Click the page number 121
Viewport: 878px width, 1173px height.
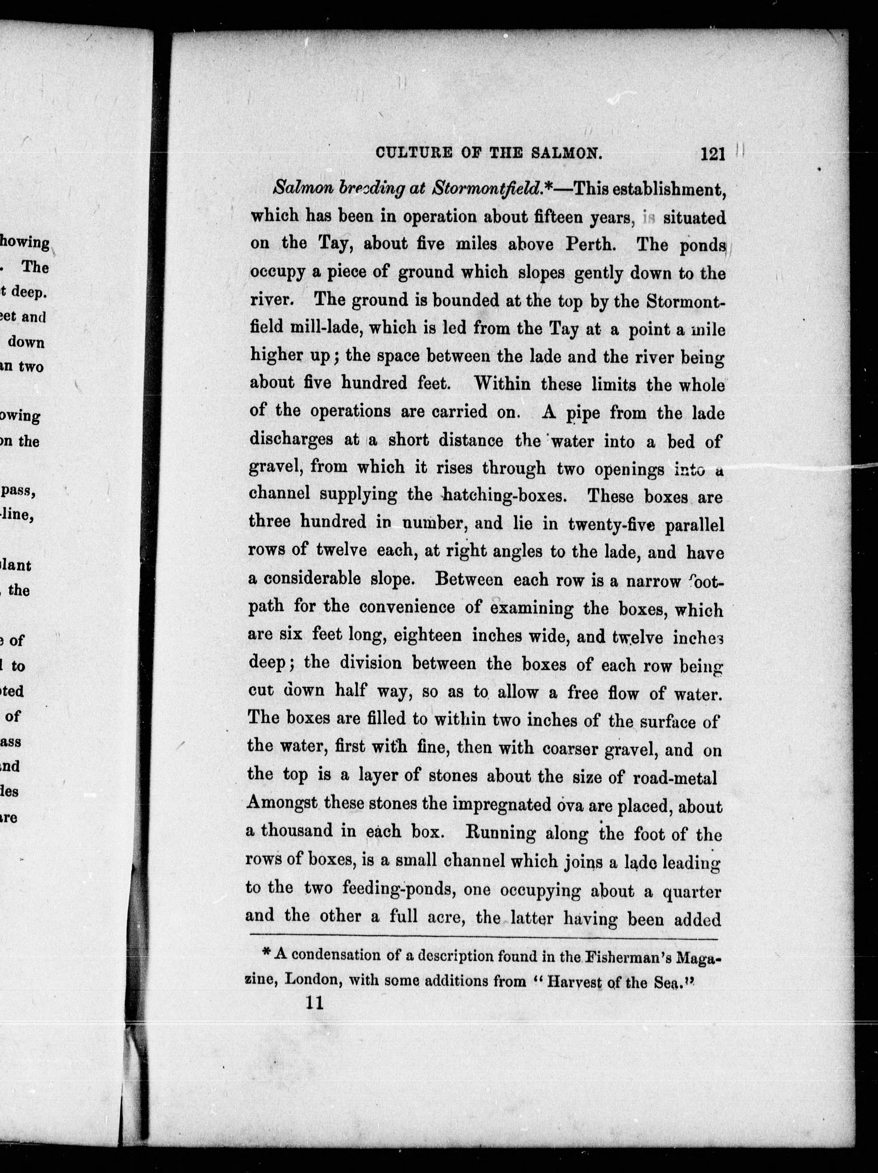(x=712, y=154)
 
